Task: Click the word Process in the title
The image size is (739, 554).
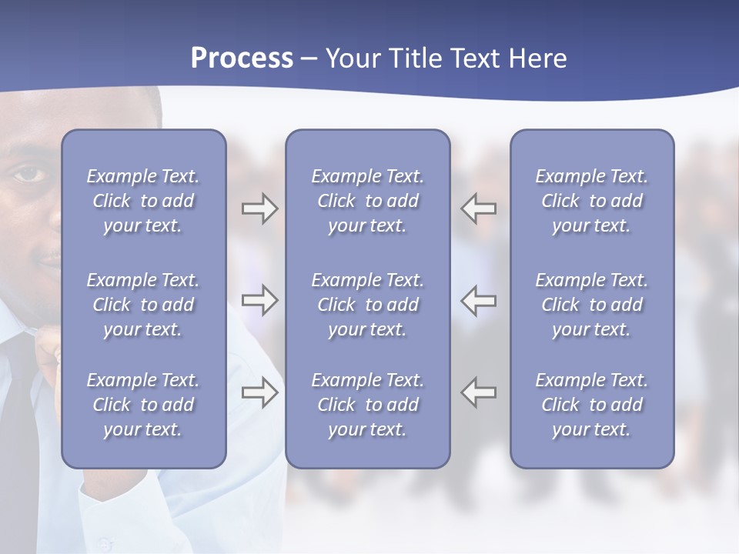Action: (x=242, y=58)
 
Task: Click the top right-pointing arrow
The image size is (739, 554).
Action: (x=260, y=209)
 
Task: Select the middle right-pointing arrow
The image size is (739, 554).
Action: (x=260, y=300)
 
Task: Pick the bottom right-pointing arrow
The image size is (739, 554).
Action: (x=260, y=392)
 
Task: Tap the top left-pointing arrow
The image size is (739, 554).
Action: (x=479, y=209)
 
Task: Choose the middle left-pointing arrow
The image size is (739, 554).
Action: (x=479, y=300)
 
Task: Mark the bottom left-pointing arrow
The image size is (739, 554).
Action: (x=479, y=392)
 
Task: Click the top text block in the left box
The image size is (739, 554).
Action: (x=143, y=201)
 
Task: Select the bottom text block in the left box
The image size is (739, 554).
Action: (x=143, y=405)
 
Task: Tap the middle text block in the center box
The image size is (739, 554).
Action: (x=367, y=305)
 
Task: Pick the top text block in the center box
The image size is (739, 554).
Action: (x=367, y=201)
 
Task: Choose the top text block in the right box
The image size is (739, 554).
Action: (x=591, y=201)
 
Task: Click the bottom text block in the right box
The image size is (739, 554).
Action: (x=591, y=405)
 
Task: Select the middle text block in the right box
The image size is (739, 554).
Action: (x=591, y=305)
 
